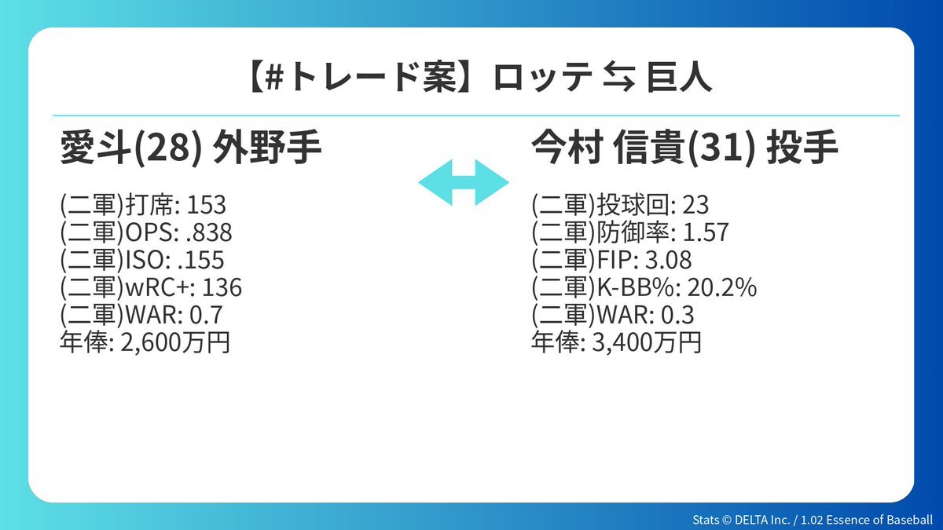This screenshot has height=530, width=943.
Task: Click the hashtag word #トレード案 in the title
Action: pyautogui.click(x=361, y=79)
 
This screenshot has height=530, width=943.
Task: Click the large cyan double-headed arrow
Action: pyautogui.click(x=464, y=182)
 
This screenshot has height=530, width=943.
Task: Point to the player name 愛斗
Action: pyautogui.click(x=94, y=148)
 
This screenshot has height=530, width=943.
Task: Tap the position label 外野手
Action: pyautogui.click(x=267, y=148)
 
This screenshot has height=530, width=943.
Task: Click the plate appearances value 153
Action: pyautogui.click(x=206, y=205)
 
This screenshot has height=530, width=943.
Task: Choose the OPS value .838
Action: pyautogui.click(x=209, y=232)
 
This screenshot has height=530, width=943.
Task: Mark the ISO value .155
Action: pyautogui.click(x=201, y=260)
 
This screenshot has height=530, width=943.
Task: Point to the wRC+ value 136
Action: pyautogui.click(x=222, y=287)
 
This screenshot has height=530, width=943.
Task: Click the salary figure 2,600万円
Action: pyautogui.click(x=175, y=342)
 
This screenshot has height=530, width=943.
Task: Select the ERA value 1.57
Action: pyautogui.click(x=706, y=232)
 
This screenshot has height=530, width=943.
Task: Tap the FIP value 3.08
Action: pyautogui.click(x=669, y=260)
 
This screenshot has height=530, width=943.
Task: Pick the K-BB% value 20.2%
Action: pyautogui.click(x=722, y=287)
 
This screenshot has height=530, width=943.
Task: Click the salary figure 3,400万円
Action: pyautogui.click(x=647, y=342)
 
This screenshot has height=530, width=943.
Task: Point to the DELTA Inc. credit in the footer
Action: pyautogui.click(x=762, y=520)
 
